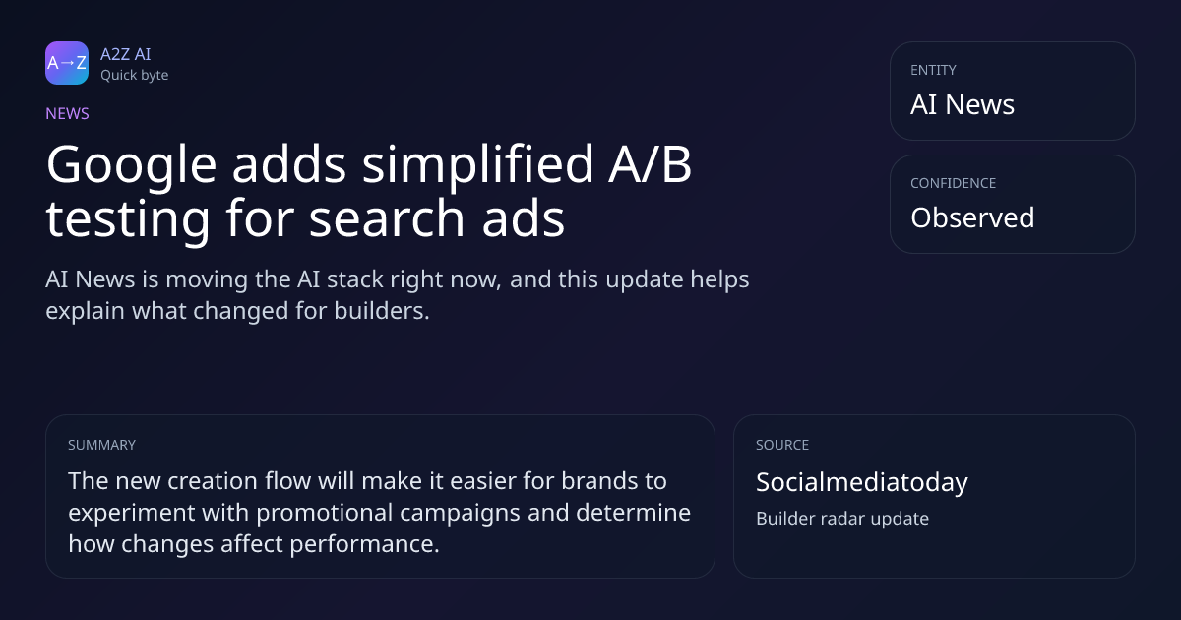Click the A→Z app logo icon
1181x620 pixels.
[67, 63]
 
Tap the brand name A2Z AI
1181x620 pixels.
[126, 54]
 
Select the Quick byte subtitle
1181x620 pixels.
[135, 76]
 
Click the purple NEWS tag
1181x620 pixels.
[68, 114]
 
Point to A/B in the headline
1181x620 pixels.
[651, 164]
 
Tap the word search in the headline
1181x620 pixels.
[387, 218]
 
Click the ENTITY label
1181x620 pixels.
[933, 70]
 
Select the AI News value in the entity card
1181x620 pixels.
[963, 104]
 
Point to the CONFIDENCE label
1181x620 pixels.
[954, 183]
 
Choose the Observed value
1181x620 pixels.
[972, 217]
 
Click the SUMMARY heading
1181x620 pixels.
[101, 445]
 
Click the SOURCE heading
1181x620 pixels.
[782, 445]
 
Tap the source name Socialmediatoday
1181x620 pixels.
[862, 482]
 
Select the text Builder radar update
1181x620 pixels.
[842, 519]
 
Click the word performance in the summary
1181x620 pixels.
[364, 545]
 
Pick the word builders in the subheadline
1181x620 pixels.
[382, 311]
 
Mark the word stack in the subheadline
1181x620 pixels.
[355, 279]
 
